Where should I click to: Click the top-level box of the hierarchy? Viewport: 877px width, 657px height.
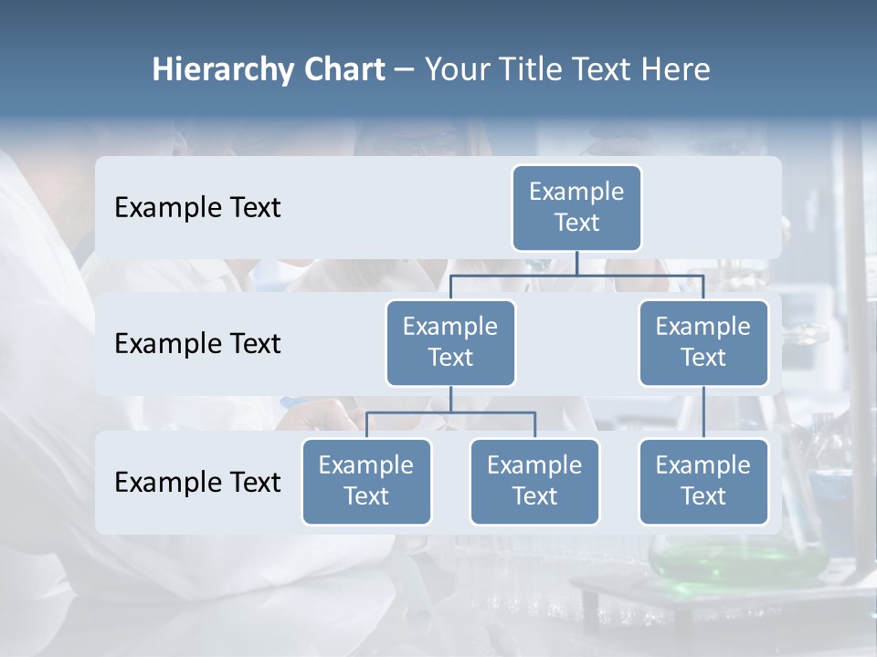576,207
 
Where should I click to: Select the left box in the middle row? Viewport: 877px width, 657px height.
450,342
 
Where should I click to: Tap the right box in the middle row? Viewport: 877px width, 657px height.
703,342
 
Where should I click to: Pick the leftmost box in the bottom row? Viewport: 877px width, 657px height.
366,481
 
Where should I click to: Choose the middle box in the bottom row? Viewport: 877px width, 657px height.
534,481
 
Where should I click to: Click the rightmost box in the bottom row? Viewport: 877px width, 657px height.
703,481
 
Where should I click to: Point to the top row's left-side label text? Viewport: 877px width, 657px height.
197,208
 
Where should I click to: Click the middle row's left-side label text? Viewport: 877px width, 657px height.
197,344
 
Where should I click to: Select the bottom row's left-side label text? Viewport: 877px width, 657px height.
197,482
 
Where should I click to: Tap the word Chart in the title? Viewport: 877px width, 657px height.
340,69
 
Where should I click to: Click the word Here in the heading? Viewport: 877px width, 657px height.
676,69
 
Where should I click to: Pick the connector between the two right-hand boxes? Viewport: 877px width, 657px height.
703,412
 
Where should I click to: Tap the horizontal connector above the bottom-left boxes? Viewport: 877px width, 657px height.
450,412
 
